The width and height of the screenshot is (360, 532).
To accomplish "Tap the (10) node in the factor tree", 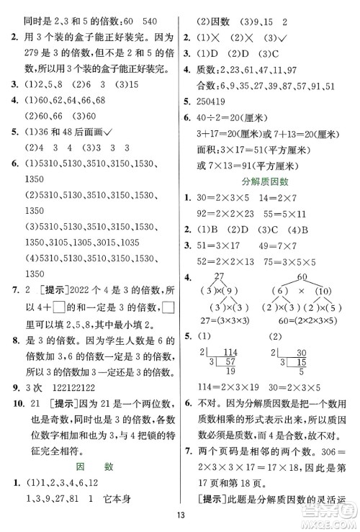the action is click(326, 290).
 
